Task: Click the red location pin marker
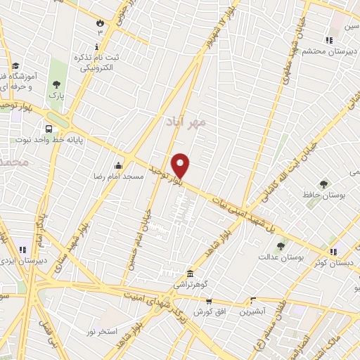[x=181, y=165]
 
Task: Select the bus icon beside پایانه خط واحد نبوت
[x=49, y=129]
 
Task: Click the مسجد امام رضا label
[x=123, y=176]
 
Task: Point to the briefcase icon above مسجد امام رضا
[x=119, y=165]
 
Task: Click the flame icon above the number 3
[x=100, y=22]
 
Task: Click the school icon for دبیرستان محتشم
[x=328, y=40]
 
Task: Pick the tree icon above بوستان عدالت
[x=281, y=245]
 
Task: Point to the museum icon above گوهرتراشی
[x=190, y=274]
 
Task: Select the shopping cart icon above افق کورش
[x=207, y=300]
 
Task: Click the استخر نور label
[x=100, y=330]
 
